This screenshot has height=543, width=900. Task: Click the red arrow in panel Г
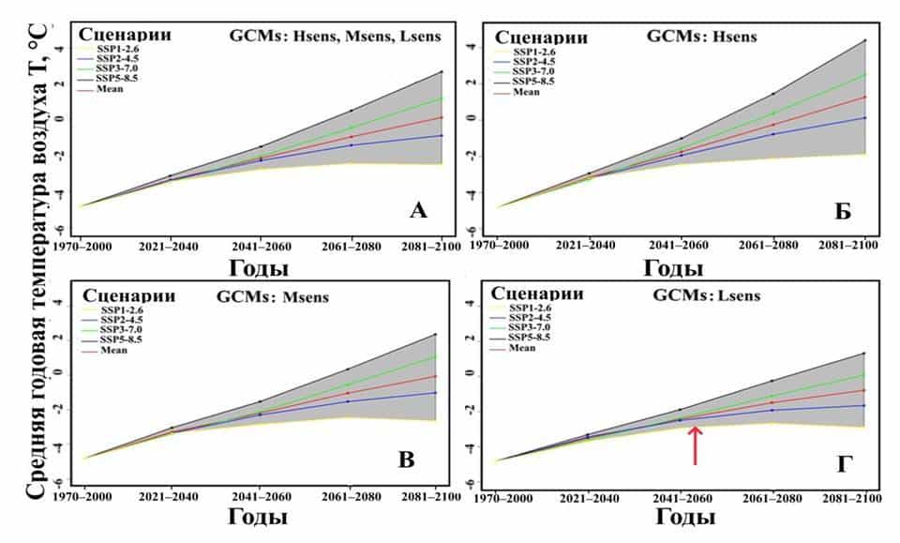tap(694, 445)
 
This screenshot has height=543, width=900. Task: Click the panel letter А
tap(418, 212)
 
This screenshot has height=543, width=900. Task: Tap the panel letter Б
tap(843, 212)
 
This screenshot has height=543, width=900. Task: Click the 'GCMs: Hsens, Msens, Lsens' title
tap(348, 38)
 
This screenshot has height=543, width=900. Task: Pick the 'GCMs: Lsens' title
tap(706, 297)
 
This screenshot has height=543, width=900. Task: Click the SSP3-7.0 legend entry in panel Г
tap(536, 328)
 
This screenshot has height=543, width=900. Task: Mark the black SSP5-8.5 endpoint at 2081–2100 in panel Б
tap(863, 41)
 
